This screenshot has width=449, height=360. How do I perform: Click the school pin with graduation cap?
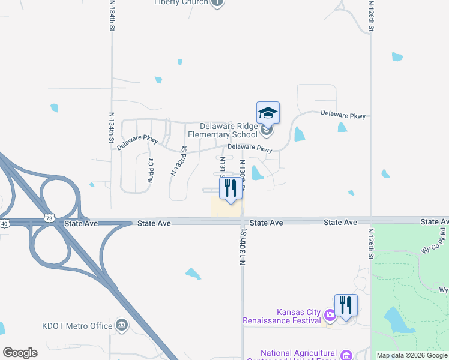coord(268,113)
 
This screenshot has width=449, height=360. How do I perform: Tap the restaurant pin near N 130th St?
coord(231,188)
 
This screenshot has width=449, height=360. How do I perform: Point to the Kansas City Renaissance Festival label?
coord(282,316)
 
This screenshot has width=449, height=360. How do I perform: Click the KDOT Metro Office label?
coord(77,326)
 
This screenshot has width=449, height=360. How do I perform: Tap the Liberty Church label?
coord(181,2)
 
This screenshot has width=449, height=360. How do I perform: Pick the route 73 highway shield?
coord(49,215)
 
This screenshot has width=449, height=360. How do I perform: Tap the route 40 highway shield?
coord(4,224)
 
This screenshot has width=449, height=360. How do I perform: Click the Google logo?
coord(20,352)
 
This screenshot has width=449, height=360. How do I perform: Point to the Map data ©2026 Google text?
coord(412,355)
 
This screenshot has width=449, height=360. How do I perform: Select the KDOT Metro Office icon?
coord(122,326)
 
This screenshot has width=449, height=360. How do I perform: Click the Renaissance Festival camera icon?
coord(329,314)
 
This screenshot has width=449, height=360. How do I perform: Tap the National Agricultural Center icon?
coord(346,355)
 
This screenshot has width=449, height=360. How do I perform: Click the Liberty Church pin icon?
coord(217,2)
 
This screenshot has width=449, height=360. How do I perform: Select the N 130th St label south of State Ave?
coord(243,247)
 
